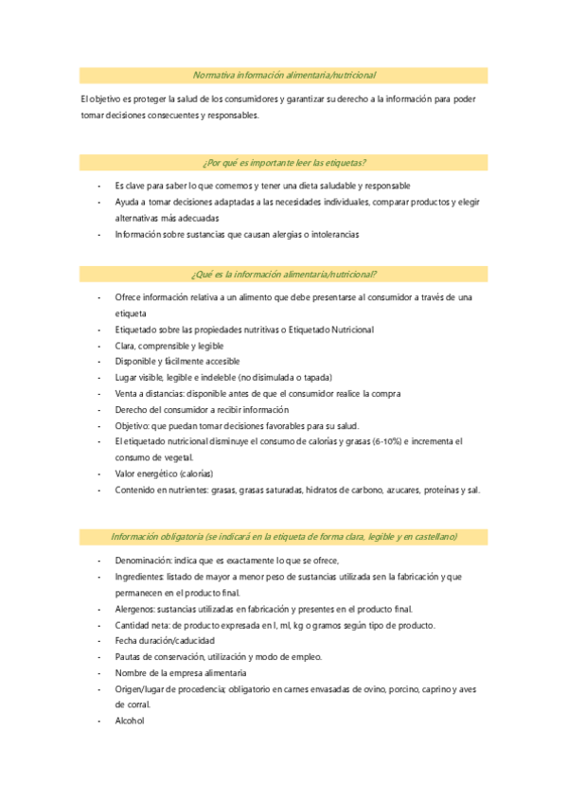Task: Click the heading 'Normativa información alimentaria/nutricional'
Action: [x=284, y=75]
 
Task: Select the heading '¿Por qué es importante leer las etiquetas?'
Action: [x=284, y=162]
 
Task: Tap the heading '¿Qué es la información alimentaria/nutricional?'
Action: [x=284, y=274]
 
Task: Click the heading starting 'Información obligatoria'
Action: [x=284, y=537]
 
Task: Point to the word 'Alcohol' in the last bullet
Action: [x=129, y=720]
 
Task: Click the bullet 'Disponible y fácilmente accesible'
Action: [x=177, y=361]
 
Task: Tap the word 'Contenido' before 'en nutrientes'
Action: [x=135, y=490]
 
